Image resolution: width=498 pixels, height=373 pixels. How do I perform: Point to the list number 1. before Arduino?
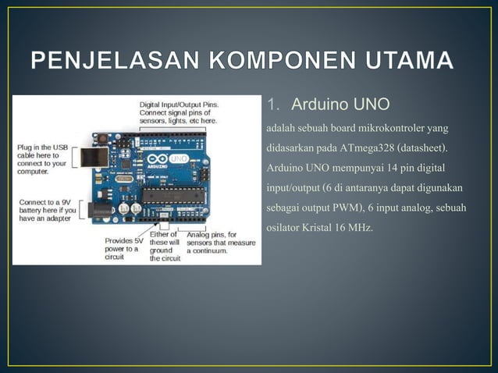point(273,105)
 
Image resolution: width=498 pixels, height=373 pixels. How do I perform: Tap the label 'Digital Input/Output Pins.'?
point(179,104)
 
